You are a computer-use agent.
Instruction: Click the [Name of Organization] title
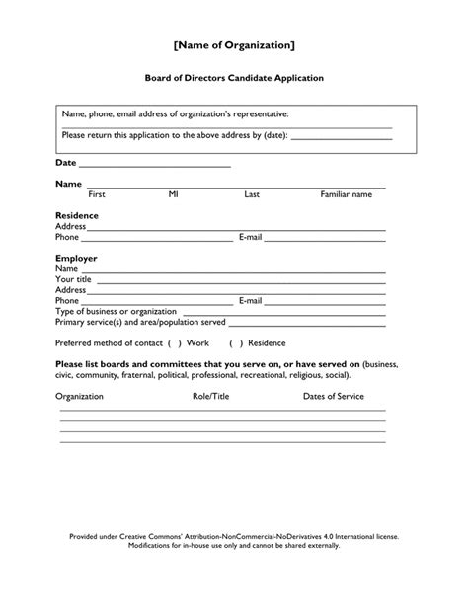click(234, 45)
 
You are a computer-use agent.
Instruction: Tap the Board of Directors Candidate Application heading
click(234, 77)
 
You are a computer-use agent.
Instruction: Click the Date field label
click(65, 162)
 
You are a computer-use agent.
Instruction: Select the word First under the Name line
click(97, 195)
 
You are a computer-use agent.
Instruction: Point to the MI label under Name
click(174, 195)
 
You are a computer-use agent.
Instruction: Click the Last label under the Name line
click(252, 195)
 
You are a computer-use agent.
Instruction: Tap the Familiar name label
click(346, 195)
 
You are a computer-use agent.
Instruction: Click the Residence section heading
click(77, 215)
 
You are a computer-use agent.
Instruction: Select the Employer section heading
click(76, 258)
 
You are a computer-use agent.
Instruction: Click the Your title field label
click(74, 279)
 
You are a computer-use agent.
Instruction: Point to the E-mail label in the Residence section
click(250, 237)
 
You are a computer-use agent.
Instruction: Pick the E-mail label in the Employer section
click(250, 300)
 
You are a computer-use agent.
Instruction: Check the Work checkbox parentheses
click(174, 342)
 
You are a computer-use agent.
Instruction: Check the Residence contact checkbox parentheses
click(236, 342)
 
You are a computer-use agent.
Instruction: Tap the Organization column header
click(79, 396)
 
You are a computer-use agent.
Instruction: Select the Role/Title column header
click(210, 396)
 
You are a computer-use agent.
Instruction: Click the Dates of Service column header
click(333, 396)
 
